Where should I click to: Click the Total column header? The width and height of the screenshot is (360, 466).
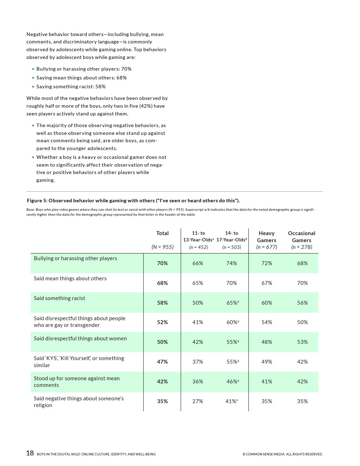pos(162,233)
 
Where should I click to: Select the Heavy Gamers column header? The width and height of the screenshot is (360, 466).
pos(266,237)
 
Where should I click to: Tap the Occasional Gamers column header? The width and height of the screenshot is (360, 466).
pos(301,237)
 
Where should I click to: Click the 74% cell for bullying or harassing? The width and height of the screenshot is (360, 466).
pos(232,263)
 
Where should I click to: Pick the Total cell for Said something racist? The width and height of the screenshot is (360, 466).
pos(162,303)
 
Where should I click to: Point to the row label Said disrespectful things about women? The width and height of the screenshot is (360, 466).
pos(80,339)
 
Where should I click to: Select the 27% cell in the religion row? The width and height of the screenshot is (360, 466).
pos(198,401)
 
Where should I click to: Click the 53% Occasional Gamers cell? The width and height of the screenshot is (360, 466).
pos(302,342)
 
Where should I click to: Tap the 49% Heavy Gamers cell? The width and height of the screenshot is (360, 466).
pos(267,362)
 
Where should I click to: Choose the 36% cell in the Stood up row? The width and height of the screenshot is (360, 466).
pos(198,382)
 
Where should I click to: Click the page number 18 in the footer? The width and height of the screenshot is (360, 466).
pos(30,453)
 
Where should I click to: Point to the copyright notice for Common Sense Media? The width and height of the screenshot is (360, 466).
pos(282,454)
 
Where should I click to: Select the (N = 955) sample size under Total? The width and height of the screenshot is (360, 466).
pos(162,247)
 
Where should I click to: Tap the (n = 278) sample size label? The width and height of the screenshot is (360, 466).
pos(302,247)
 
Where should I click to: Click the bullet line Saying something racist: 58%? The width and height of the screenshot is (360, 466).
pos(71,86)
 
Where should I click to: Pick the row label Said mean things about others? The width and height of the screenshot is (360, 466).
pos(70,279)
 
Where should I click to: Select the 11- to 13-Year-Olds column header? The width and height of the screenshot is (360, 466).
pos(198,237)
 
